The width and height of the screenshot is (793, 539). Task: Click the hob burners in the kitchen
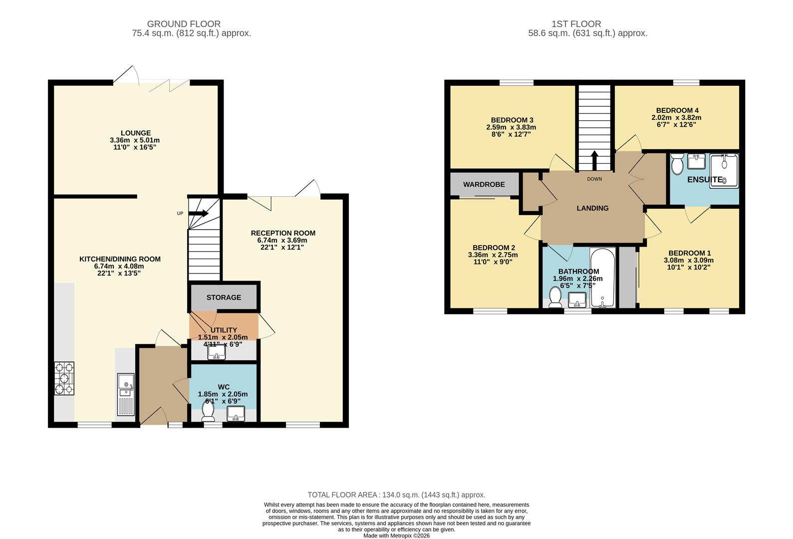(x=64, y=379)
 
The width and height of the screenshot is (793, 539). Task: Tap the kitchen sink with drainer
(x=126, y=394)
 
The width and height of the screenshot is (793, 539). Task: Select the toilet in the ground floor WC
(x=208, y=411)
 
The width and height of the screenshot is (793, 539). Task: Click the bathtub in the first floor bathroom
(x=603, y=278)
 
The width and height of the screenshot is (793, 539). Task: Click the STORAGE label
(x=224, y=297)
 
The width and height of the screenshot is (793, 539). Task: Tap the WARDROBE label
(x=484, y=185)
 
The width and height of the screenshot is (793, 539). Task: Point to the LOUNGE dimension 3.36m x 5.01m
(x=135, y=141)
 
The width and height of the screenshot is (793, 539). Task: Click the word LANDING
(x=592, y=208)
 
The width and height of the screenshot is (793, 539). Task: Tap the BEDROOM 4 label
(x=677, y=110)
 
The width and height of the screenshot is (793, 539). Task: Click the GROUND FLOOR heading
(x=183, y=24)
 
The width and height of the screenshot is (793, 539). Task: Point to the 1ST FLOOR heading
(x=576, y=24)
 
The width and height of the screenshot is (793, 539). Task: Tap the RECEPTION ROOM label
(x=283, y=233)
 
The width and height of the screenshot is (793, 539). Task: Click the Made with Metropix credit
(x=396, y=536)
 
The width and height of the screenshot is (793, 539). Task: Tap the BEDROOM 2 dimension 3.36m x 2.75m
(x=493, y=255)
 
